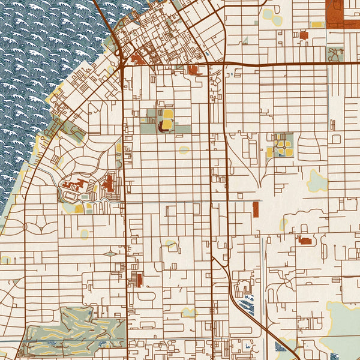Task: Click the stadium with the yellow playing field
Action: (167, 119)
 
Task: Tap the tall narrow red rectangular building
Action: (256, 209)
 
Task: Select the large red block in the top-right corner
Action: (343, 13)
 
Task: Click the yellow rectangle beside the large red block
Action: (316, 25)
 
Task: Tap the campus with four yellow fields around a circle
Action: (280, 145)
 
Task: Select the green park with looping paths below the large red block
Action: (335, 54)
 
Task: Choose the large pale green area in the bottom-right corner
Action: (345, 327)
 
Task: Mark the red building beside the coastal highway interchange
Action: (137, 59)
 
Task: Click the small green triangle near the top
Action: (245, 40)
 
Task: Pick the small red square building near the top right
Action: (304, 35)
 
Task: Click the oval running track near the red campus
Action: (71, 194)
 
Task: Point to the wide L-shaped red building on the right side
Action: (305, 241)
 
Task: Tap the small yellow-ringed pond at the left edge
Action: (6, 260)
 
